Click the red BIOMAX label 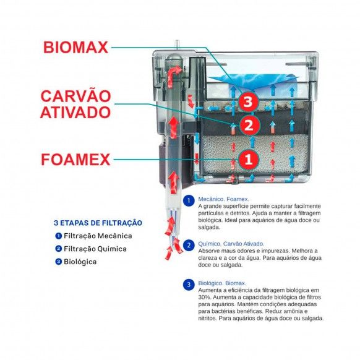(x=75, y=47)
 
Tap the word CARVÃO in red (x=75, y=96)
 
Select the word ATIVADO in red (x=75, y=112)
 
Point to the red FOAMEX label (x=75, y=160)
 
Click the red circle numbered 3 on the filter (x=248, y=101)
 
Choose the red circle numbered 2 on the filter (x=249, y=126)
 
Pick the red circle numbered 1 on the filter (x=249, y=159)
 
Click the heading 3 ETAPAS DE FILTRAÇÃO (x=98, y=223)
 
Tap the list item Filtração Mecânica (x=98, y=236)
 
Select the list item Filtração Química (x=95, y=249)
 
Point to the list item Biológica (x=80, y=262)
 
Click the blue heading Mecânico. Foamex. (x=224, y=199)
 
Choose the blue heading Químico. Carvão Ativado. (x=231, y=244)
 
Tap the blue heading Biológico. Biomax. (x=222, y=283)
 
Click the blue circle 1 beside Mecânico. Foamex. (x=189, y=200)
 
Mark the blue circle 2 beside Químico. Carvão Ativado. (x=189, y=245)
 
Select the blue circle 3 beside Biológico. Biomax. (x=189, y=285)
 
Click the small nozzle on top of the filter (x=176, y=45)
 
